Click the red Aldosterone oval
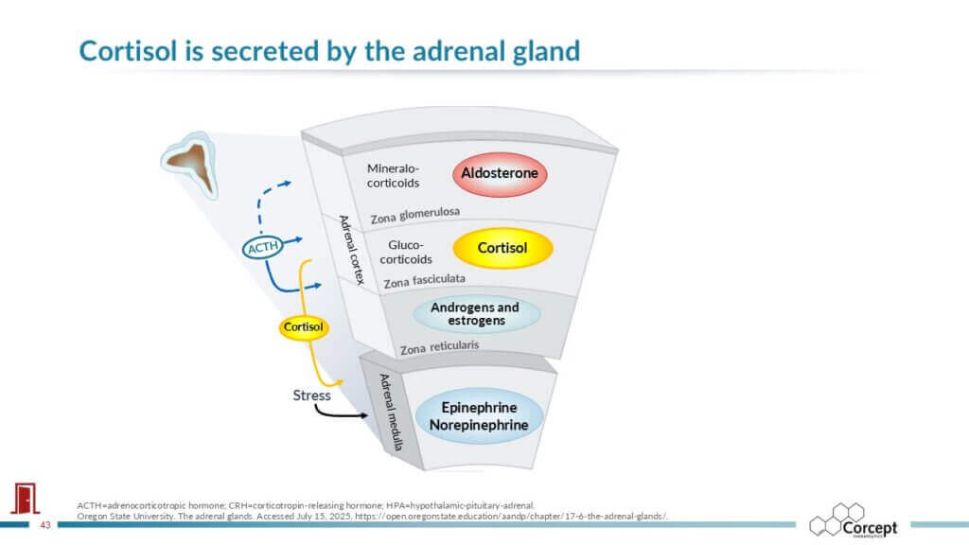pyautogui.click(x=500, y=173)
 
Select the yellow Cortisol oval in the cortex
pyautogui.click(x=502, y=248)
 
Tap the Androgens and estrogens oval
pyautogui.click(x=475, y=314)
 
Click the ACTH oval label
pyautogui.click(x=259, y=248)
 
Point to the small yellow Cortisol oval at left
pyautogui.click(x=304, y=327)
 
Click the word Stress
pyautogui.click(x=311, y=395)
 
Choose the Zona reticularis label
pyautogui.click(x=439, y=347)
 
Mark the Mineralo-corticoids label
pyautogui.click(x=393, y=175)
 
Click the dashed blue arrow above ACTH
pyautogui.click(x=267, y=201)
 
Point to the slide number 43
pyautogui.click(x=44, y=525)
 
